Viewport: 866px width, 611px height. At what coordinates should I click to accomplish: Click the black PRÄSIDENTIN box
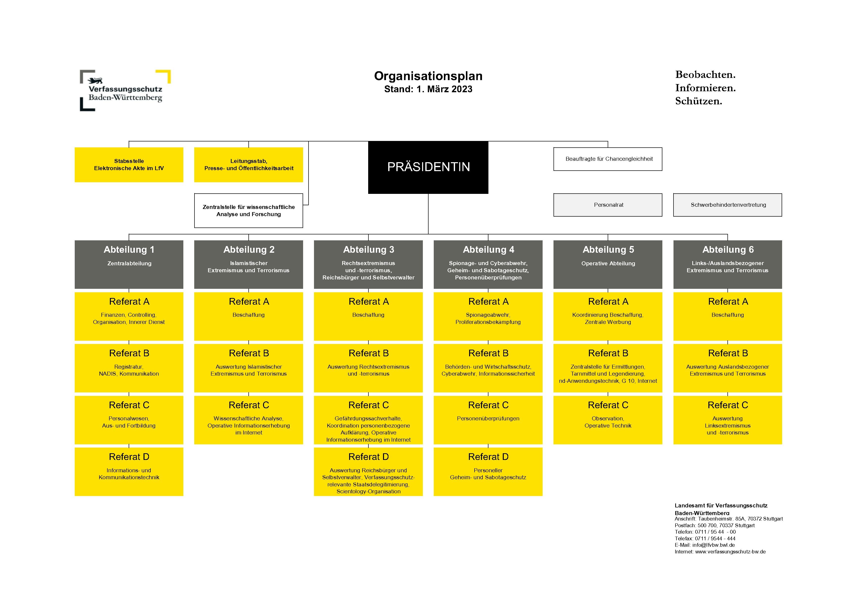428,167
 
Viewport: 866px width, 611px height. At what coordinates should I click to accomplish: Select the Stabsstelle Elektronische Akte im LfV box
129,165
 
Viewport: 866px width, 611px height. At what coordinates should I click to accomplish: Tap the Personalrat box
608,205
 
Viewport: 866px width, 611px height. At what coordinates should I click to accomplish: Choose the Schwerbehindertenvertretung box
728,205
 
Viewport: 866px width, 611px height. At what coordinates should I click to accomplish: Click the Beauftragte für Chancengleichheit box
608,159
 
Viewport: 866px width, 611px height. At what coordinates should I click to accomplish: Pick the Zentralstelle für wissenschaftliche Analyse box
249,211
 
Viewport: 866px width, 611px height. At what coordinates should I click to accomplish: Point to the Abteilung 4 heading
488,249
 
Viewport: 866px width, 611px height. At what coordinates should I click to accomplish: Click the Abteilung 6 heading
728,249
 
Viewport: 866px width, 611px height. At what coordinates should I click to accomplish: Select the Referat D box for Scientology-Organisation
368,472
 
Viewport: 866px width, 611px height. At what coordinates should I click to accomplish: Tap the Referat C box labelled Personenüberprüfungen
488,420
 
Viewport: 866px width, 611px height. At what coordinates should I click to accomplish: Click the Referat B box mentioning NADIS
129,368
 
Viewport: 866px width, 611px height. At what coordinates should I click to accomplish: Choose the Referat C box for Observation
608,420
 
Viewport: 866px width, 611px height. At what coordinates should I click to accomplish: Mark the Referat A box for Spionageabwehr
488,317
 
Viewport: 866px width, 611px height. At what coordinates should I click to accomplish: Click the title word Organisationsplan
428,76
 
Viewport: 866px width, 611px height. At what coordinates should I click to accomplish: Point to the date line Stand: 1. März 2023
428,89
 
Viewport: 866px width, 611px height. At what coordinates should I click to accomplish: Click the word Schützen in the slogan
698,101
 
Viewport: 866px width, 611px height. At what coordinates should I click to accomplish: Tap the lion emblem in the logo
95,80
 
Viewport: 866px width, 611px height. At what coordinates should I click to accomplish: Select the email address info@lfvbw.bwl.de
713,545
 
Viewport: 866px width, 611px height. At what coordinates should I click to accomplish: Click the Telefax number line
705,539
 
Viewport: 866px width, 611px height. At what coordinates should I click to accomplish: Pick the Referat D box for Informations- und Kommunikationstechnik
129,472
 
